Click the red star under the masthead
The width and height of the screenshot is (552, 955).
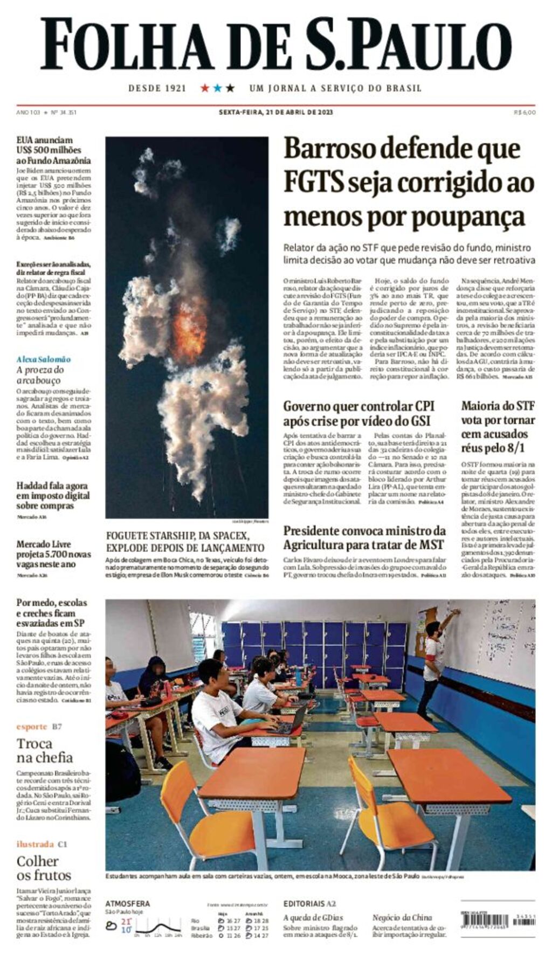pos(205,88)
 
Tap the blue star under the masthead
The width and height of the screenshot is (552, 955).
pos(217,88)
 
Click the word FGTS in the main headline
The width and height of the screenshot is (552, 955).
pos(314,183)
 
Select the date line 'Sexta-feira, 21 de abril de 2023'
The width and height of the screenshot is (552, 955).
pos(275,112)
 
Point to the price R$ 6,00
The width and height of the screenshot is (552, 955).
pos(525,112)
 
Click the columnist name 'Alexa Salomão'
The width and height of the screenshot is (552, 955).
pos(43,359)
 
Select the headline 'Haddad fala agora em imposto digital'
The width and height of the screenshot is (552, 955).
pos(53,496)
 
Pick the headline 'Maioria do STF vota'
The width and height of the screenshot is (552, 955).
pos(498,427)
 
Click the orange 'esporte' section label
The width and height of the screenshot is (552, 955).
pos(32,727)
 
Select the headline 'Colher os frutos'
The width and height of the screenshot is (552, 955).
pos(44,868)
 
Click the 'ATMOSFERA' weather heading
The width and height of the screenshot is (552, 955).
pos(127,903)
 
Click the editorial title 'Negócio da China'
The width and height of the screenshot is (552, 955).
pos(402,917)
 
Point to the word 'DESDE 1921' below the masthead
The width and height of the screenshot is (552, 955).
pos(157,88)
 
